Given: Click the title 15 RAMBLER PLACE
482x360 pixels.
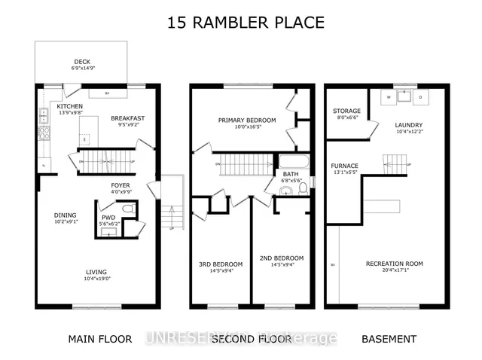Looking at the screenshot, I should (246, 23).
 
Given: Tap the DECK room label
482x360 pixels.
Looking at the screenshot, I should (82, 63).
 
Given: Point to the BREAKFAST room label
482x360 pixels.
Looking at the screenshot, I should (127, 118).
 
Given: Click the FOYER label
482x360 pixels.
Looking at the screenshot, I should (120, 183).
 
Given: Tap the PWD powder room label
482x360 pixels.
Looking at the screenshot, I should (108, 217).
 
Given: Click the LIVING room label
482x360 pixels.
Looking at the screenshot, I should (96, 272).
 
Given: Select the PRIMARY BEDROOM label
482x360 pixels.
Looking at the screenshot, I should (247, 121).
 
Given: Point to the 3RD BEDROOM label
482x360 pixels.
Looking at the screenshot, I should (220, 264).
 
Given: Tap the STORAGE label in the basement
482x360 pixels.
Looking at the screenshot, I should (346, 111).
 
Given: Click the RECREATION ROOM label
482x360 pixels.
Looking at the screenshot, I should (394, 264).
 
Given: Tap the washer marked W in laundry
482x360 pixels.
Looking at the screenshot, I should (388, 97).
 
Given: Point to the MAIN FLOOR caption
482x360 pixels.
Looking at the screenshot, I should (100, 339).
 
